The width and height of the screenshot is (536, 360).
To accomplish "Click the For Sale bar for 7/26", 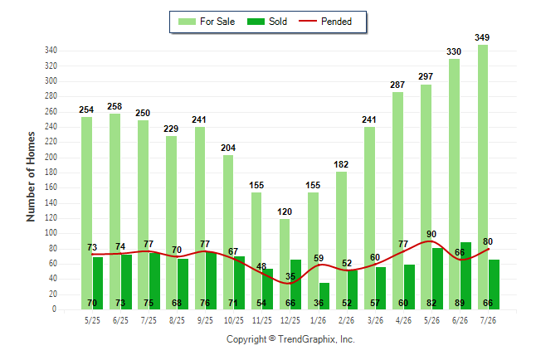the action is point(483,177).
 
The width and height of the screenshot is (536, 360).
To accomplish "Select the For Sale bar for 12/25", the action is point(285,265).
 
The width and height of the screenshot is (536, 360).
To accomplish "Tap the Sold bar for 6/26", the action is point(465,276).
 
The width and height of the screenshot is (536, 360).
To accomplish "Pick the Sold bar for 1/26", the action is point(324,296).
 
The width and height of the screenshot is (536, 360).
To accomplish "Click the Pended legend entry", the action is point(325,22).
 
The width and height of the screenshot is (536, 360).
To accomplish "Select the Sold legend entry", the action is point(267,22).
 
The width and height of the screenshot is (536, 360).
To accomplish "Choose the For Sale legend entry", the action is point(207,22).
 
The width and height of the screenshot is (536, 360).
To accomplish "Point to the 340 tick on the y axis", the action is point(51,51).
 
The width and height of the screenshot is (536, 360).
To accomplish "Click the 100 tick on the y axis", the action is point(51,233).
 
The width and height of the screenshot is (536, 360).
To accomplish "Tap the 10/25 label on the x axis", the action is point(234,320).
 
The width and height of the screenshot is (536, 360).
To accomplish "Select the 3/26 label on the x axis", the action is point(375,320).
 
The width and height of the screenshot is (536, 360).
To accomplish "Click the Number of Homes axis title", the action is point(31,177).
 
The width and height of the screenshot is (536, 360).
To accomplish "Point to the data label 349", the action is point(482,37).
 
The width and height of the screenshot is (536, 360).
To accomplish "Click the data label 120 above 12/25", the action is point(285,212).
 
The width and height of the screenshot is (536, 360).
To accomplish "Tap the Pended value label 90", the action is point(431,234).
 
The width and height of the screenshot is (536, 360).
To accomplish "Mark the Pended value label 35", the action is point(290,276).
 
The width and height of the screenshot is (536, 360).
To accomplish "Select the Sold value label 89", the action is point(460,303).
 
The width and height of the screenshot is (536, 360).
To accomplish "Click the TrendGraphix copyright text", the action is point(290,339).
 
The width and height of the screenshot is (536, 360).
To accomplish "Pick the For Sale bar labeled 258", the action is point(115,212).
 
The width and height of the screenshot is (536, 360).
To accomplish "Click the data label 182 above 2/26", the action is point(341,164).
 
